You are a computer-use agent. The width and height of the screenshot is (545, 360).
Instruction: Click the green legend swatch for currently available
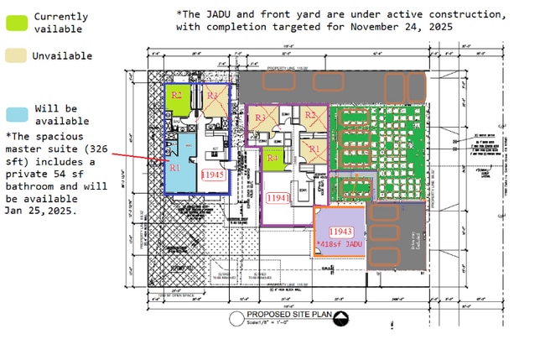[x=18, y=23]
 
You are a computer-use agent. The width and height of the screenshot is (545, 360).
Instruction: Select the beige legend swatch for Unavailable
[x=18, y=55]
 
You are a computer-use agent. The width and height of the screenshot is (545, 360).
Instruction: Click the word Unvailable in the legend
[x=63, y=56]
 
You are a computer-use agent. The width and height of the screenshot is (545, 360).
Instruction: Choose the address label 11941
[x=277, y=198]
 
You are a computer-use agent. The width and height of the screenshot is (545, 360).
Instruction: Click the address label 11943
[x=340, y=231]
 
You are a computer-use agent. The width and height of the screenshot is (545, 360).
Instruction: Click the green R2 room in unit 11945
[x=177, y=97]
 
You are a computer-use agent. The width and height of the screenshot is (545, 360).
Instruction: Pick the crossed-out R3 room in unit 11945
[x=212, y=97]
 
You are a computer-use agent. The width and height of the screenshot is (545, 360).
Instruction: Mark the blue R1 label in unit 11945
[x=175, y=167]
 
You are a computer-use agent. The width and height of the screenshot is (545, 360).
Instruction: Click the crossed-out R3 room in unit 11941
[x=261, y=119]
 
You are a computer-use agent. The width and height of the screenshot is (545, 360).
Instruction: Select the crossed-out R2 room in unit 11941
[x=311, y=116]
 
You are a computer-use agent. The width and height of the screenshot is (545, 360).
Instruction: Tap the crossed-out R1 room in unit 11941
[x=314, y=149]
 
